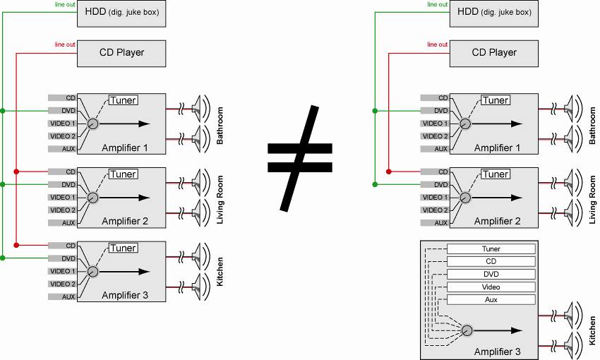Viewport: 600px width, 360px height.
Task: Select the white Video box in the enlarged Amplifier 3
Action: point(491,287)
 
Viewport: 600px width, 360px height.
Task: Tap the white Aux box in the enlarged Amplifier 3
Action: point(491,300)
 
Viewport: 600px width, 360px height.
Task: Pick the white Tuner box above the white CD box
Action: point(491,249)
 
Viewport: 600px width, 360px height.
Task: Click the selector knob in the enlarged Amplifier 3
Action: point(465,330)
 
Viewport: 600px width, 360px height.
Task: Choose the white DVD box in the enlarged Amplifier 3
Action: point(491,275)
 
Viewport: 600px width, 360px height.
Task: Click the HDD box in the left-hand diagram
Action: point(121,12)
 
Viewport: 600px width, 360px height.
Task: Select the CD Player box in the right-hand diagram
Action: point(494,52)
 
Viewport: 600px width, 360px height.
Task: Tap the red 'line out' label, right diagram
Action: point(438,44)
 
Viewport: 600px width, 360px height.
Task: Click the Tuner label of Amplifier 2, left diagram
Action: point(123,174)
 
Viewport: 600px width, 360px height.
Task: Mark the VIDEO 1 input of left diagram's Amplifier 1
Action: point(62,124)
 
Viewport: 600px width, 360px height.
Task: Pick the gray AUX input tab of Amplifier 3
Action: point(62,297)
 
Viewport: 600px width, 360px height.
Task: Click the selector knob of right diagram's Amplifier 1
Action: point(465,124)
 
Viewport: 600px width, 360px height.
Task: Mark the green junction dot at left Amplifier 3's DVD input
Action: point(3,258)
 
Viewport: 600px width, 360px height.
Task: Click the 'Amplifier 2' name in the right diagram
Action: point(498,222)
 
